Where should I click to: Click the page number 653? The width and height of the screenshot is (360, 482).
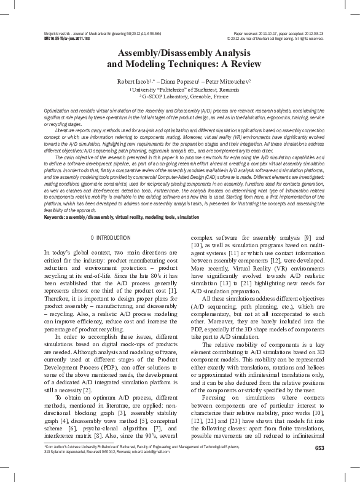(319, 448)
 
